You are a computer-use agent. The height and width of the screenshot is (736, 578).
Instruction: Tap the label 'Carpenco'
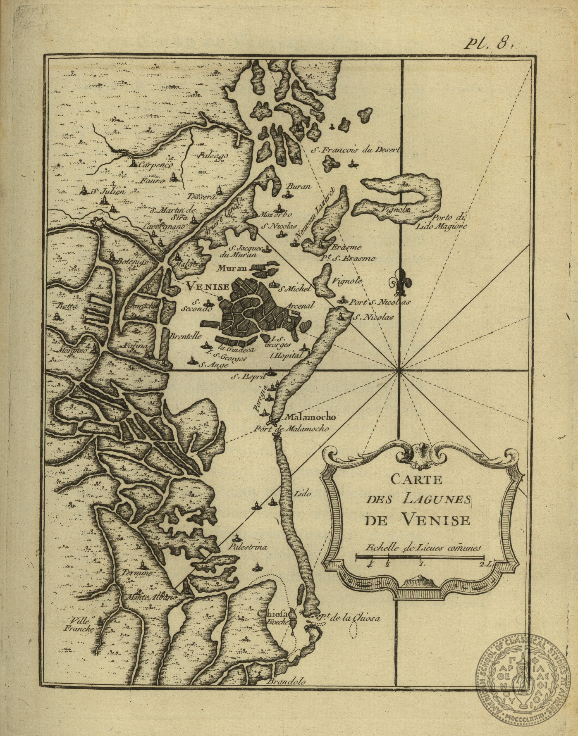(x=155, y=164)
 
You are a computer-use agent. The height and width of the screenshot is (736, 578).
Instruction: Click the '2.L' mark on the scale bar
(x=484, y=564)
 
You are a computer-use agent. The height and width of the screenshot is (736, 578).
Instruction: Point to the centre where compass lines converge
(x=399, y=370)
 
